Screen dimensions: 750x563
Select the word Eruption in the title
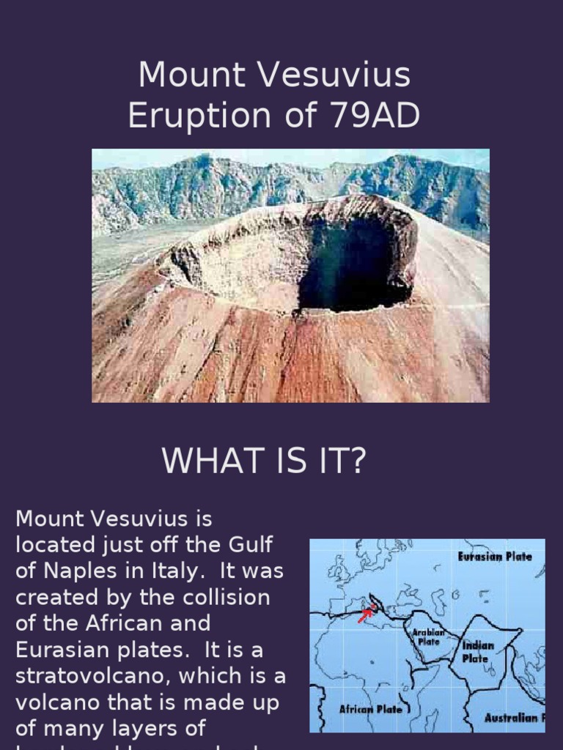coord(189,116)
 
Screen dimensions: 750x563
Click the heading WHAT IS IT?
coord(263,461)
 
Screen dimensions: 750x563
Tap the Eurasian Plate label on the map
coord(495,557)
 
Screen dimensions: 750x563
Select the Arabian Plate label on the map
coord(429,636)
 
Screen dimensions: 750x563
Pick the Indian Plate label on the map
coord(477,652)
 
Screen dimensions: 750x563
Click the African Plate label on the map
coord(370,709)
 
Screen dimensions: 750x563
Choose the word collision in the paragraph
coord(224,598)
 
